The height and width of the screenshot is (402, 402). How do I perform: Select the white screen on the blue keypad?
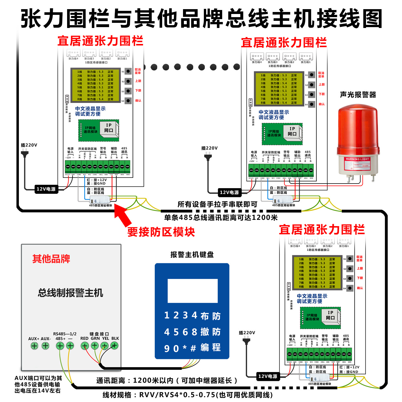(192, 291)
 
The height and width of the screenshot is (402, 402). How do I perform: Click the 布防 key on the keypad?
(210, 316)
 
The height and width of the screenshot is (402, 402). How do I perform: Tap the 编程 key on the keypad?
(210, 348)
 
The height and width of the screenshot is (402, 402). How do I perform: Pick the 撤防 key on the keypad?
(210, 332)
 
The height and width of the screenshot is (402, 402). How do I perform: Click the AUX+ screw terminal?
(34, 346)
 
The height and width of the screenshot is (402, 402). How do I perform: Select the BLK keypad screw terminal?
(114, 346)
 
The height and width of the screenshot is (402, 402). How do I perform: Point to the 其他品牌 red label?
(51, 259)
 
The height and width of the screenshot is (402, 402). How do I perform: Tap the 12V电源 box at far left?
(46, 189)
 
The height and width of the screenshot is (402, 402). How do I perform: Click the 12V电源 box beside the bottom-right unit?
(268, 376)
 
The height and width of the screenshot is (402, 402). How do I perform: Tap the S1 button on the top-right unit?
(312, 75)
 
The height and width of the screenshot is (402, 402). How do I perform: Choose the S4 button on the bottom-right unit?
(350, 288)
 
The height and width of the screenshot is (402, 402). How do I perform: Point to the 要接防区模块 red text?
(161, 232)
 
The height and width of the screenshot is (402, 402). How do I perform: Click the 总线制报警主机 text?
(71, 293)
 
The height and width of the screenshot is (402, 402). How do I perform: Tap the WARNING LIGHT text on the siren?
(357, 159)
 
